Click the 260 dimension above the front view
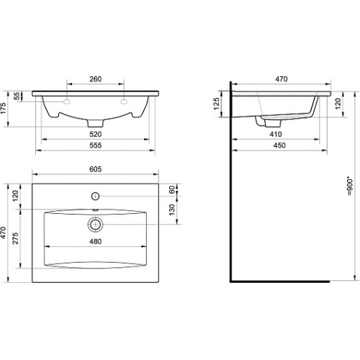pos(96,79)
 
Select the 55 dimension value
pos(17,96)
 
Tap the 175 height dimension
pos(4,109)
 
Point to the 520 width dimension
pos(96,134)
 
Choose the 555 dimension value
pos(96,145)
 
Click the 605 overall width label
pos(96,169)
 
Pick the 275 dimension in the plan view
pos(15,238)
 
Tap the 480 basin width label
pos(96,241)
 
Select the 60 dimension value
pos(172,190)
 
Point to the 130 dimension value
pos(172,210)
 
